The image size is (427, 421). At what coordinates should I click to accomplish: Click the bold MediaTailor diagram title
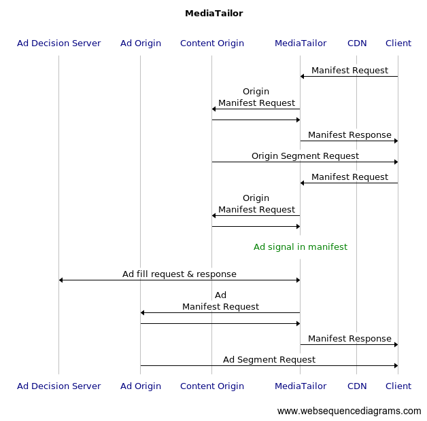pyautogui.click(x=213, y=14)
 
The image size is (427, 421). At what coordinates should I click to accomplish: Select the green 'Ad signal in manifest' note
pyautogui.click(x=300, y=247)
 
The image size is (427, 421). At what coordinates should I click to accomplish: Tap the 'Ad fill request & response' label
pyautogui.click(x=179, y=274)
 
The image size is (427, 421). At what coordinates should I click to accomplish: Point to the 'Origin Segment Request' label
pyautogui.click(x=305, y=156)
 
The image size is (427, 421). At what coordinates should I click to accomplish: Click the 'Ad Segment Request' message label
pyautogui.click(x=269, y=360)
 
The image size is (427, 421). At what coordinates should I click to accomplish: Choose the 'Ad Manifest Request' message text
pyautogui.click(x=220, y=301)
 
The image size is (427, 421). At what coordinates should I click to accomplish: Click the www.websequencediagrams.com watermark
pyautogui.click(x=349, y=411)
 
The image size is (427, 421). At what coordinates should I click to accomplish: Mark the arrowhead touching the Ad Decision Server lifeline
pyautogui.click(x=61, y=280)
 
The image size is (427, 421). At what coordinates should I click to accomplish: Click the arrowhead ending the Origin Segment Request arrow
pyautogui.click(x=395, y=162)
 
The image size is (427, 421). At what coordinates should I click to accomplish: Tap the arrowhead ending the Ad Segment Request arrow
pyautogui.click(x=395, y=365)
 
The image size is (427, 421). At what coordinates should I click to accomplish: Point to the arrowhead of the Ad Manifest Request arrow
pyautogui.click(x=143, y=312)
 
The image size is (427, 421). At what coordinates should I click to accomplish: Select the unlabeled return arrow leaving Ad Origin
pyautogui.click(x=220, y=323)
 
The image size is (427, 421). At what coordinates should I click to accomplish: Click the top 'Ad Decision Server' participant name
pyautogui.click(x=58, y=43)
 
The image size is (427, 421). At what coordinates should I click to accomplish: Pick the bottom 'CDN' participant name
pyautogui.click(x=357, y=386)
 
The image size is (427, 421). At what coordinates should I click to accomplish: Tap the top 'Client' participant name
pyautogui.click(x=398, y=43)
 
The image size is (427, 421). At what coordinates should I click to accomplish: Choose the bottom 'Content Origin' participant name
pyautogui.click(x=211, y=386)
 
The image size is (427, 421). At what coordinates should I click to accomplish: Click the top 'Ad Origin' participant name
pyautogui.click(x=140, y=43)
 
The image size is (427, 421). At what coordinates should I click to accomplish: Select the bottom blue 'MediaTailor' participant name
pyautogui.click(x=300, y=386)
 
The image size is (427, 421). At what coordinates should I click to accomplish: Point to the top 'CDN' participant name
pyautogui.click(x=357, y=43)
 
